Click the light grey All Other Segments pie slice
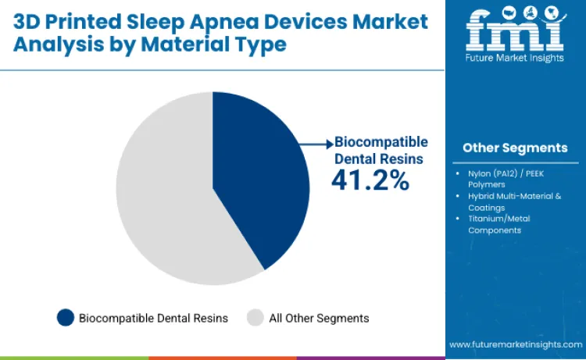[164, 195]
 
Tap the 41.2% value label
[370, 180]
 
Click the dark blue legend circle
[66, 318]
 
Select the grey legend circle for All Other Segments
[255, 318]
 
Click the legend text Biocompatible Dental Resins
[153, 318]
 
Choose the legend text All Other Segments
[319, 318]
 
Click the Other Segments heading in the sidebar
[514, 148]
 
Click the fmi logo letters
[515, 31]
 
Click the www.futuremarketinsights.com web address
[515, 344]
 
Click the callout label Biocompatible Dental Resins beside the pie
[380, 150]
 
